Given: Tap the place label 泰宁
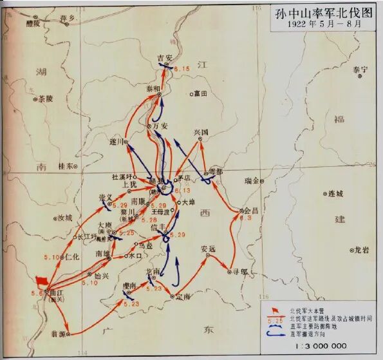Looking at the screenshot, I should click(360, 69).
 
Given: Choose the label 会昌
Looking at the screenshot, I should click(252, 211).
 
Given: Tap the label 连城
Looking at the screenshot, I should click(336, 193).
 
